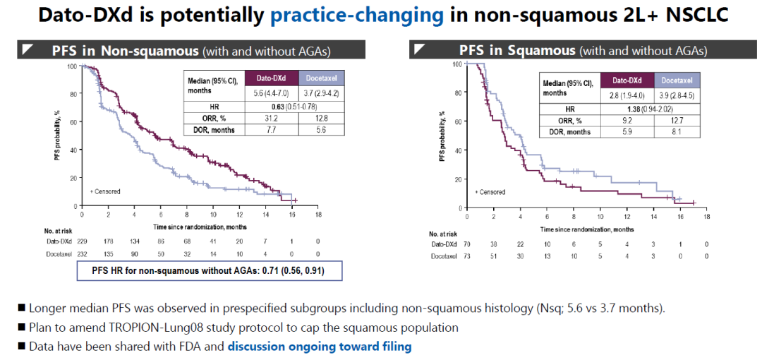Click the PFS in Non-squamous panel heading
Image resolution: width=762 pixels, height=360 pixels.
pyautogui.click(x=125, y=51)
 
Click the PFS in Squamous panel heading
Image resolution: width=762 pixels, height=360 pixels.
pyautogui.click(x=516, y=51)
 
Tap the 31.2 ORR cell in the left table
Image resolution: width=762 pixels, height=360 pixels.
pyautogui.click(x=271, y=118)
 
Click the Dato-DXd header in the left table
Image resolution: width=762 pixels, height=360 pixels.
pyautogui.click(x=271, y=78)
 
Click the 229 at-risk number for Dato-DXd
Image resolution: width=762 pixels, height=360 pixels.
pyautogui.click(x=82, y=241)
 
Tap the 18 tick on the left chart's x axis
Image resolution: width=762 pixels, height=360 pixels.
pyautogui.click(x=318, y=214)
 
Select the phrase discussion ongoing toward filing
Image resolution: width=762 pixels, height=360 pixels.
pyautogui.click(x=319, y=347)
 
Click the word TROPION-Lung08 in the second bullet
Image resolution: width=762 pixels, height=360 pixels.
pyautogui.click(x=139, y=328)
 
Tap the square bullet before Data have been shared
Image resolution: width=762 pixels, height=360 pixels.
pyautogui.click(x=22, y=347)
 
